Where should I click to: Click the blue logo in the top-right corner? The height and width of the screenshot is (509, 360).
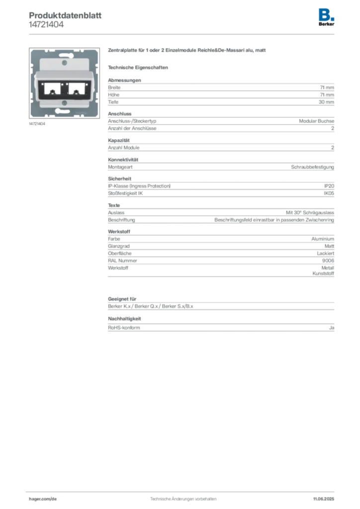click(327, 14)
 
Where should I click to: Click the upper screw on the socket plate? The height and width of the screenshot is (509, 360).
click(63, 64)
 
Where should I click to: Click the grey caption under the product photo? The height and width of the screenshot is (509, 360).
click(38, 124)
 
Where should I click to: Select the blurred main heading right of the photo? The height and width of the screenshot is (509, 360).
click(187, 51)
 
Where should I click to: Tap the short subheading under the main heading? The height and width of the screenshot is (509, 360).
click(140, 67)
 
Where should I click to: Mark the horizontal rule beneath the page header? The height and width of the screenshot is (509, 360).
click(183, 34)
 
